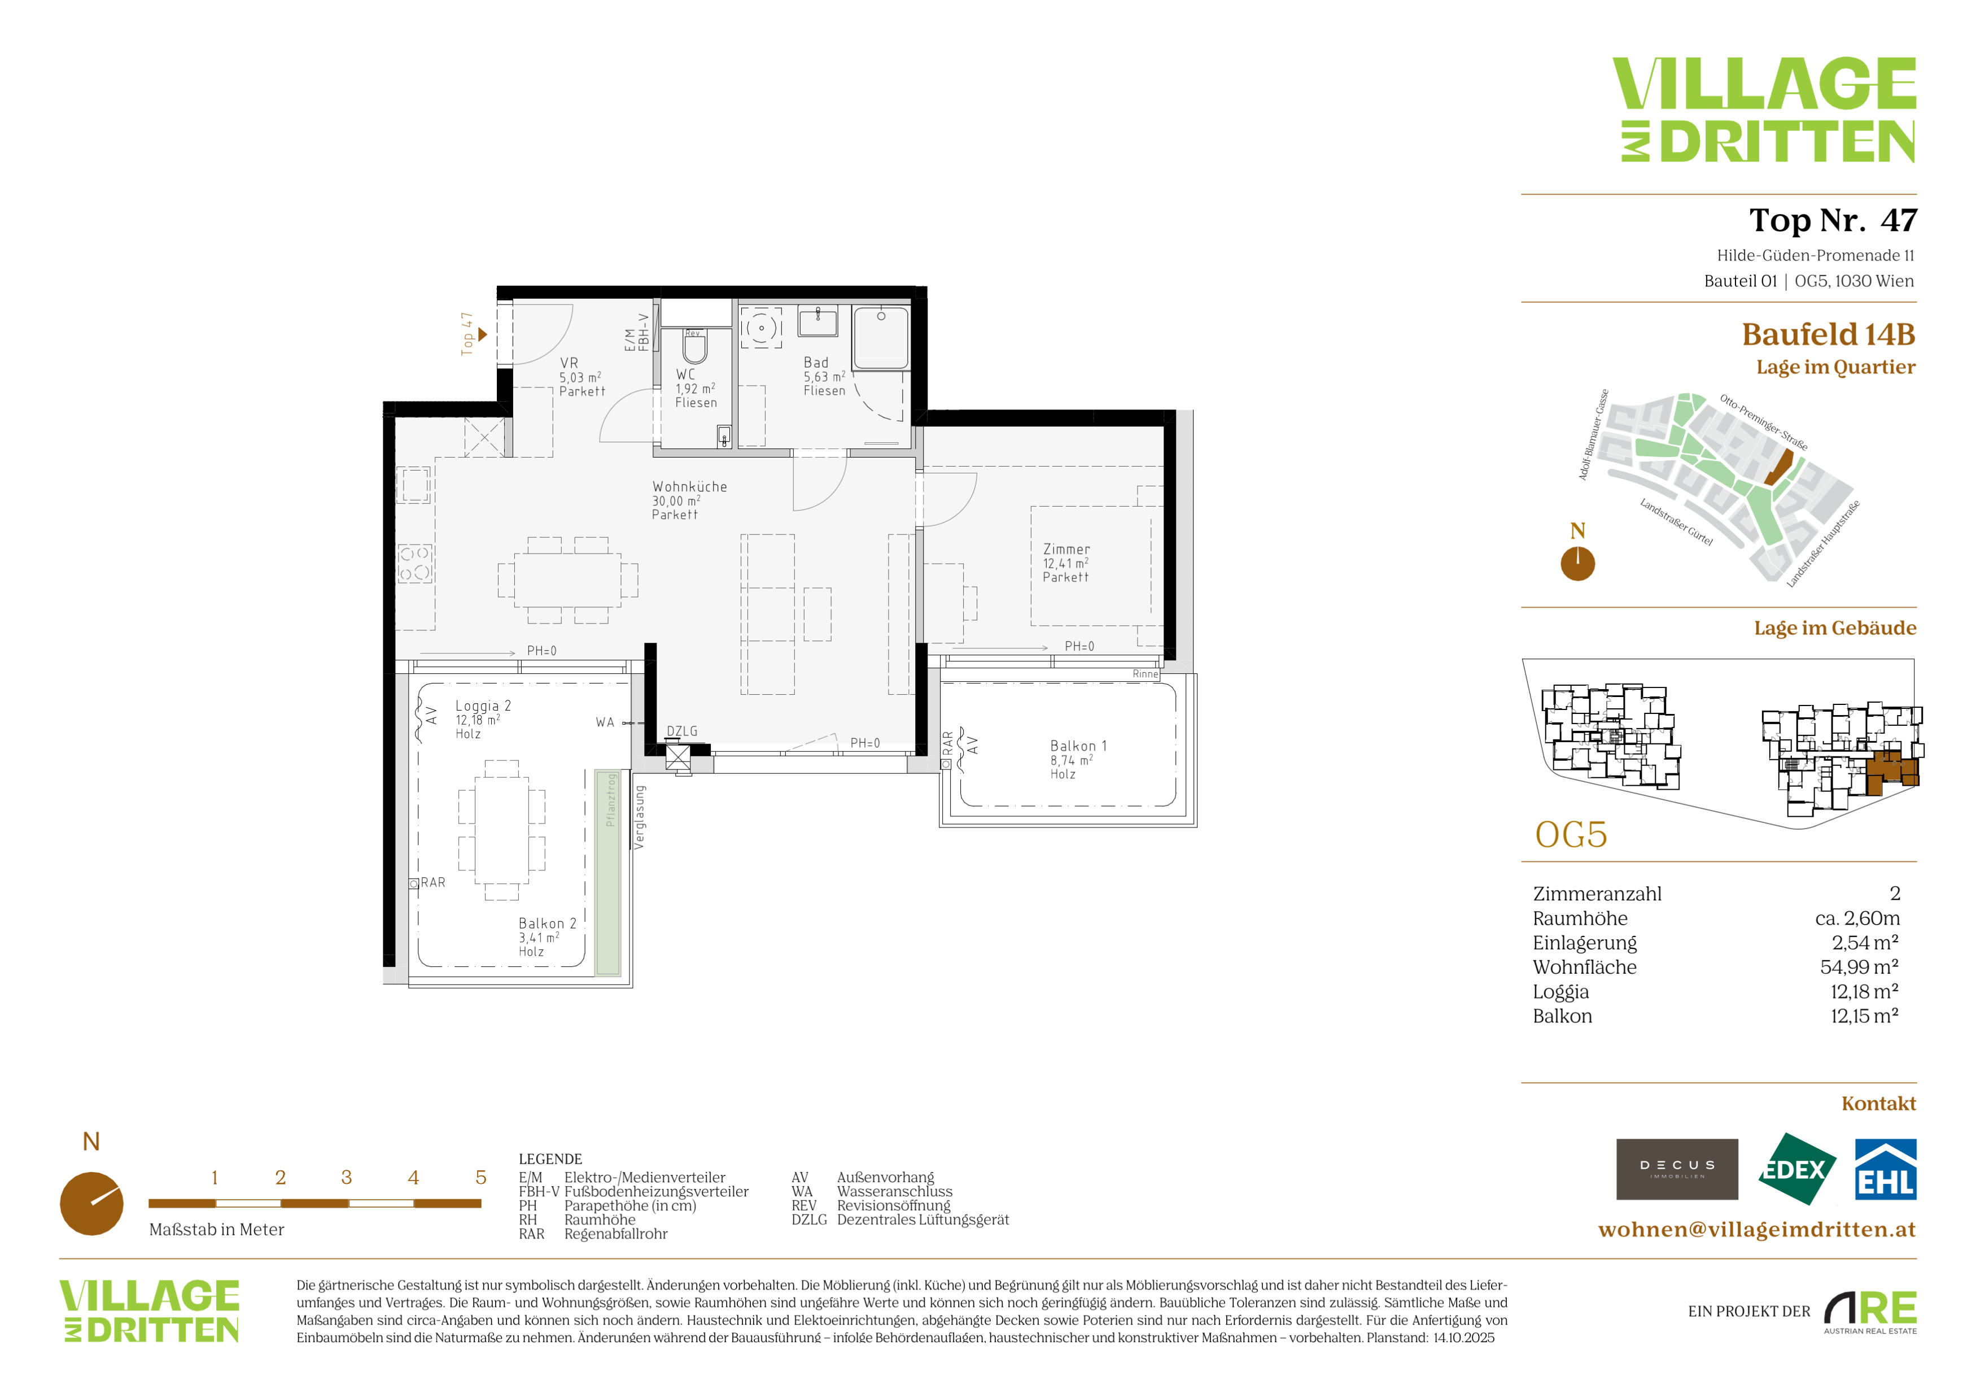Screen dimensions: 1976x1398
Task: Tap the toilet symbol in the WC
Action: coord(694,348)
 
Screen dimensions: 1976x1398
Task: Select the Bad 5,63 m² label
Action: coord(824,376)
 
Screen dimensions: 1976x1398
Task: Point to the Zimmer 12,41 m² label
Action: coord(1066,563)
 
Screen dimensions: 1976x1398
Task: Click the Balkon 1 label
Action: coord(1078,759)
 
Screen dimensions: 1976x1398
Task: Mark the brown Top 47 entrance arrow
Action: coord(483,334)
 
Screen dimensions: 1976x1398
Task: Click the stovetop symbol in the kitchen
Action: coord(415,563)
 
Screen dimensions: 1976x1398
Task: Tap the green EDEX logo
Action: coord(1795,1169)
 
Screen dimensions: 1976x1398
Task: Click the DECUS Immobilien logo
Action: coord(1677,1169)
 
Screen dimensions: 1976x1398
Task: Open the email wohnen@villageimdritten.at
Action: coord(1756,1229)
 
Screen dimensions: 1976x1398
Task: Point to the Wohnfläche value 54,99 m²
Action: coord(1859,966)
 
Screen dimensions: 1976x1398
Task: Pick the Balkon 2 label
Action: coord(548,937)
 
